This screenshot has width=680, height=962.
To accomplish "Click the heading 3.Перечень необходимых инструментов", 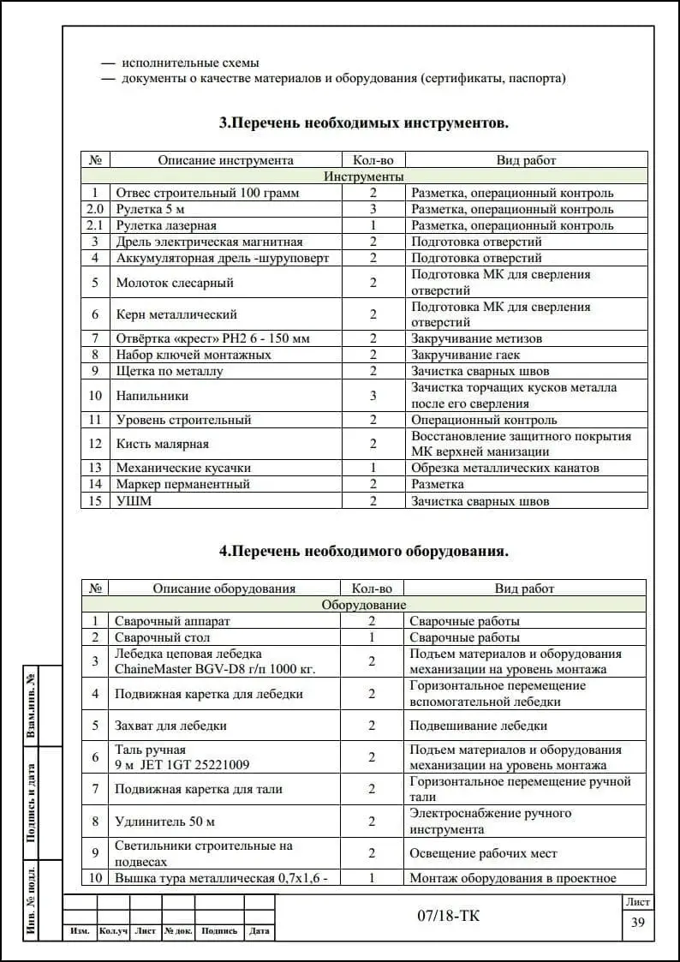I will [364, 123].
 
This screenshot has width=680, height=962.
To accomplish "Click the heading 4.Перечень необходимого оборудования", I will [364, 552].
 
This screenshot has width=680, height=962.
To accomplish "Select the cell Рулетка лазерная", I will [166, 226].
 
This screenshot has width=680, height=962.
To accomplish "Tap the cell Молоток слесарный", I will [175, 283].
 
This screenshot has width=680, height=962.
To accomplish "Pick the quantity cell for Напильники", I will [373, 396].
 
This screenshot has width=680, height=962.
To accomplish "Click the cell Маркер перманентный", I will [182, 484].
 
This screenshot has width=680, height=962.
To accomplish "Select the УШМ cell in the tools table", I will [134, 501].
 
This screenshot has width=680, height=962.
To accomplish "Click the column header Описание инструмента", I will [225, 160].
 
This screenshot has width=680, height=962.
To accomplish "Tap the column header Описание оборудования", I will [224, 589].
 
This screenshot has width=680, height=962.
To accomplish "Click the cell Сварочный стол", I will [163, 637].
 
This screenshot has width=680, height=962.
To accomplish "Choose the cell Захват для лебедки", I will [171, 726].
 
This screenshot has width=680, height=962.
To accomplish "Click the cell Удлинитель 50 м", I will [165, 822].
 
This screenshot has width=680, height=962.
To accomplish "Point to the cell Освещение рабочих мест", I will [483, 853].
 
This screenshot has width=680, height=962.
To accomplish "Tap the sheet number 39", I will [638, 923].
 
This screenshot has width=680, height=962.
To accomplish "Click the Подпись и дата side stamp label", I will [31, 803].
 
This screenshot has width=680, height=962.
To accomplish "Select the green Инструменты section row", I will [364, 176].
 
